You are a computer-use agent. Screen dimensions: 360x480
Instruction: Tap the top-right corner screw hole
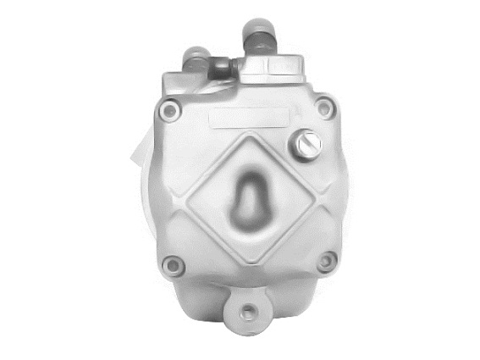(x=324, y=107)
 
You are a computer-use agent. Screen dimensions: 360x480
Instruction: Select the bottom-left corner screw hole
(x=174, y=265)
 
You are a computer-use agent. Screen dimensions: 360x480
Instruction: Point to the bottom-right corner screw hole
(x=325, y=263)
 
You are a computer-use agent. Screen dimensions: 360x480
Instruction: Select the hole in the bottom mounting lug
(x=248, y=313)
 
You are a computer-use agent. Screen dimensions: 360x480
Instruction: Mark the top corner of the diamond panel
(x=251, y=133)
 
